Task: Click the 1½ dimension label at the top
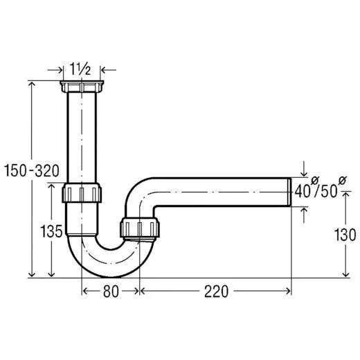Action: click(81, 69)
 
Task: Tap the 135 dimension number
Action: click(53, 229)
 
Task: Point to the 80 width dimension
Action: click(110, 291)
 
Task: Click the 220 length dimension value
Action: click(216, 291)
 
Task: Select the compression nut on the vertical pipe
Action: click(82, 192)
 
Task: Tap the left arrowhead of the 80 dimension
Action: click(85, 291)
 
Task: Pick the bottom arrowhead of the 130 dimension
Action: click(344, 274)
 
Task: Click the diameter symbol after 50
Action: click(341, 181)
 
